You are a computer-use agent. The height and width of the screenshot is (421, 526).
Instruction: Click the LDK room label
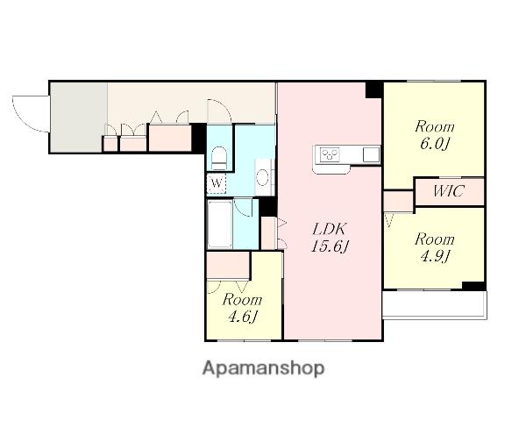click(329, 229)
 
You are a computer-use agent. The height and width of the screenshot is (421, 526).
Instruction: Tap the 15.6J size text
click(329, 247)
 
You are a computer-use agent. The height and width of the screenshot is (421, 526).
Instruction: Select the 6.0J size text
click(435, 144)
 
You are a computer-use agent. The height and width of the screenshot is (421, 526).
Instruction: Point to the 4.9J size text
click(435, 256)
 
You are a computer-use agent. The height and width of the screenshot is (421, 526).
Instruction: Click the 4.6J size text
click(243, 317)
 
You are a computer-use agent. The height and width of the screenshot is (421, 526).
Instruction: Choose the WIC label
click(449, 191)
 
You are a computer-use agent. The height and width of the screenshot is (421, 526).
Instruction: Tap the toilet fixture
click(220, 159)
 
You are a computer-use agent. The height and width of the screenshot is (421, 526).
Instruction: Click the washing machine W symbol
click(217, 183)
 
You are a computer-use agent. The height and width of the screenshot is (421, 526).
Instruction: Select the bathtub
click(220, 224)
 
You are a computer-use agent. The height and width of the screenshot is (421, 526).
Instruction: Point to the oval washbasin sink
click(262, 177)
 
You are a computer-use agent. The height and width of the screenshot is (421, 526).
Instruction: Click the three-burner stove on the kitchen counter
click(330, 154)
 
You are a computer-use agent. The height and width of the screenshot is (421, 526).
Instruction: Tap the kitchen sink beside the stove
click(371, 154)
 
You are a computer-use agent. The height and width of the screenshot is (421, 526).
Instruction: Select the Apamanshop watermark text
click(263, 368)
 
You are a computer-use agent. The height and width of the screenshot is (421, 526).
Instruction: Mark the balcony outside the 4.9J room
click(435, 304)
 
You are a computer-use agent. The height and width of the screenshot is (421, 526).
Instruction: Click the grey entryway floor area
click(79, 117)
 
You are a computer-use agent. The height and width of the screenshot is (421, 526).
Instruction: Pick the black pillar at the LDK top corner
click(373, 89)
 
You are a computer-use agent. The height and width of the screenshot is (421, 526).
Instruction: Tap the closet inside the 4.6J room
click(228, 265)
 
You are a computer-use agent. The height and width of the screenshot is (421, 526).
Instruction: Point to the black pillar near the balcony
click(473, 286)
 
